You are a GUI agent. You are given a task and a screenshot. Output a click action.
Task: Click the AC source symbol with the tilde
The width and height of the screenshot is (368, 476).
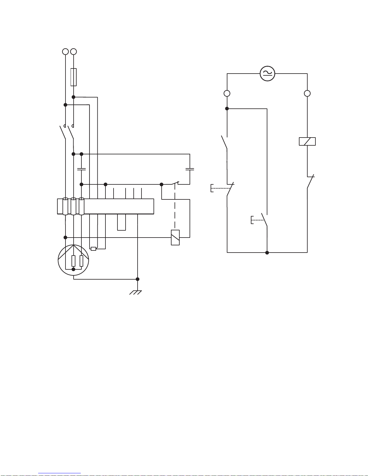(x=267, y=74)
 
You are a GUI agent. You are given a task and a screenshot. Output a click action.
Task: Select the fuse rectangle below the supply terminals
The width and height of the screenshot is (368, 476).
(x=73, y=77)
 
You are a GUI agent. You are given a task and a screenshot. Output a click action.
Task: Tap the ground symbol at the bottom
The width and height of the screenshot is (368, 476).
(x=135, y=292)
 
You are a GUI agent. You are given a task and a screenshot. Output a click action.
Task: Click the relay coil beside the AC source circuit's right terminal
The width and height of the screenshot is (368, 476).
(x=307, y=141)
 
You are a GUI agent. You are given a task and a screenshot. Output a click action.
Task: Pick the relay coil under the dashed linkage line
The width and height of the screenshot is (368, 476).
(x=175, y=237)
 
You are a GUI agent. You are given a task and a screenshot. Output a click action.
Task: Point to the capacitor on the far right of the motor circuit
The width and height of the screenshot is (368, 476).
(x=190, y=169)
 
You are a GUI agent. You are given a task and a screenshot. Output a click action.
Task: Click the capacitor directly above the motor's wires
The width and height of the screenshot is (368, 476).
(x=81, y=169)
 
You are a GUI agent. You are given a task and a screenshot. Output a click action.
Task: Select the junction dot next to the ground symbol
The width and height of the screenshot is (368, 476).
(x=138, y=279)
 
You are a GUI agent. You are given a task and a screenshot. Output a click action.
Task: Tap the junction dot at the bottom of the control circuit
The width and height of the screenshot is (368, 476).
(x=267, y=253)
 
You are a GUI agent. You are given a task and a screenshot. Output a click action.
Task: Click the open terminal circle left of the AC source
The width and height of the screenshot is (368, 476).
(x=227, y=93)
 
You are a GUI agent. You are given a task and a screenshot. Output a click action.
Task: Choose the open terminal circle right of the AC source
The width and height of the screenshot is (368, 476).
(x=307, y=93)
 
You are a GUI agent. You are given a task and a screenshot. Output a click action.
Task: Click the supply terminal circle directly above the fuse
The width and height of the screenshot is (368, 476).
(x=73, y=52)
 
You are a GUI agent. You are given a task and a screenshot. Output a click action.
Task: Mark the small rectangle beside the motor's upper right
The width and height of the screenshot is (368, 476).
(x=93, y=249)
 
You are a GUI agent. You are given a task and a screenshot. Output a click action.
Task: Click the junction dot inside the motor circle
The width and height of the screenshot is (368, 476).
(x=73, y=269)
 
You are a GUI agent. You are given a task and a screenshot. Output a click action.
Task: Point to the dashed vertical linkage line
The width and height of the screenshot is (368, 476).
(x=175, y=207)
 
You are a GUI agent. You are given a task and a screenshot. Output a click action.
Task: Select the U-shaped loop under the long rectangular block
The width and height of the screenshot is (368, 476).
(x=121, y=223)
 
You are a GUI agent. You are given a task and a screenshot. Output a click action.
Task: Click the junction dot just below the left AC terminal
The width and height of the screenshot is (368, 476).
(x=227, y=108)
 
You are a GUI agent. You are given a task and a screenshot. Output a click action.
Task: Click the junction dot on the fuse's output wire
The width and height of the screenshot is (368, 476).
(x=73, y=97)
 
